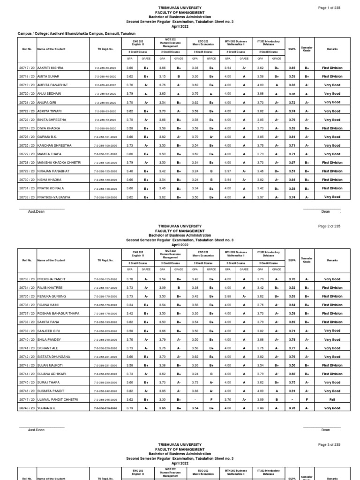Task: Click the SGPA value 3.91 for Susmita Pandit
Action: (x=292, y=390)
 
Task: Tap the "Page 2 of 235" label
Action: (x=330, y=226)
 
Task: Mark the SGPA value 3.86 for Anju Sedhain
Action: (x=292, y=94)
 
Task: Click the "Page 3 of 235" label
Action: (x=330, y=444)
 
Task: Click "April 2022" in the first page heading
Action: (x=180, y=25)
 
